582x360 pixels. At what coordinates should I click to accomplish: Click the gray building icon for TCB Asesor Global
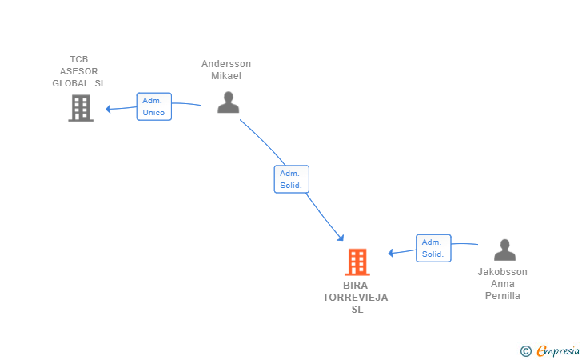pos(81,108)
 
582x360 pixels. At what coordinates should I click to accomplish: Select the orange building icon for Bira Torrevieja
pos(357,262)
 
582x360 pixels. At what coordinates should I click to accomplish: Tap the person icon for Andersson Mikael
pos(229,102)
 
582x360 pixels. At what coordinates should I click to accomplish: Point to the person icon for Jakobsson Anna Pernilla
pos(504,250)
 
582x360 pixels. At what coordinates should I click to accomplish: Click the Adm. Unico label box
pos(154,106)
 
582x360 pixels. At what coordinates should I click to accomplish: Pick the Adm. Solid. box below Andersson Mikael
pos(291,179)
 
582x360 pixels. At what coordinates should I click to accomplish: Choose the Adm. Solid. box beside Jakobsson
pos(433,248)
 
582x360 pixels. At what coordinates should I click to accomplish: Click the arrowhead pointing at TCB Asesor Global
pos(108,109)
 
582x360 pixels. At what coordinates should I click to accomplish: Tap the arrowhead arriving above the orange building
pos(341,238)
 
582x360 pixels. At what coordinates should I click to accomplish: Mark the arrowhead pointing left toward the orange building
pos(390,253)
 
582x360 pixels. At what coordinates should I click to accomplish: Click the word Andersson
pos(226,64)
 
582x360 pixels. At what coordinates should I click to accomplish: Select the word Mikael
pos(226,76)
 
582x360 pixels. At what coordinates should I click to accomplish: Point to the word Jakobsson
pos(502,272)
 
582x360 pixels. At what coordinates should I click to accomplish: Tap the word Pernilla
pos(502,296)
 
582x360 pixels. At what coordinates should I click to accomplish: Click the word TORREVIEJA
pos(355,298)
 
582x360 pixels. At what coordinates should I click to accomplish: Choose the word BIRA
pos(355,286)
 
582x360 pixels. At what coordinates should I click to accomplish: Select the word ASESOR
pos(78,71)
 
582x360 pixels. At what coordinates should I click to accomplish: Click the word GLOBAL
pos(70,83)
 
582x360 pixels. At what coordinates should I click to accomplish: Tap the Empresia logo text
pos(558,350)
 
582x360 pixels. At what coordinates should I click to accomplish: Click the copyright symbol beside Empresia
pos(526,351)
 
